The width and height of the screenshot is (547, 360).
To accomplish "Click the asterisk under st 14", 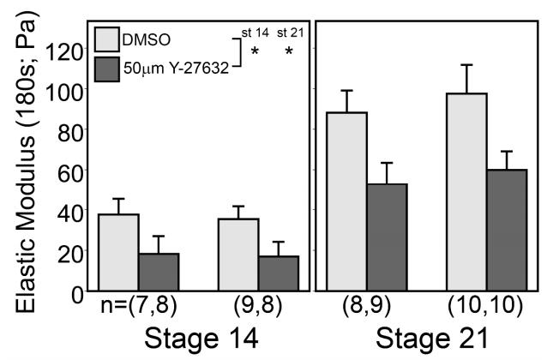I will coord(255,53).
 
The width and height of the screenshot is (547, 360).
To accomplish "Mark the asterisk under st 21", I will coord(289,53).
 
